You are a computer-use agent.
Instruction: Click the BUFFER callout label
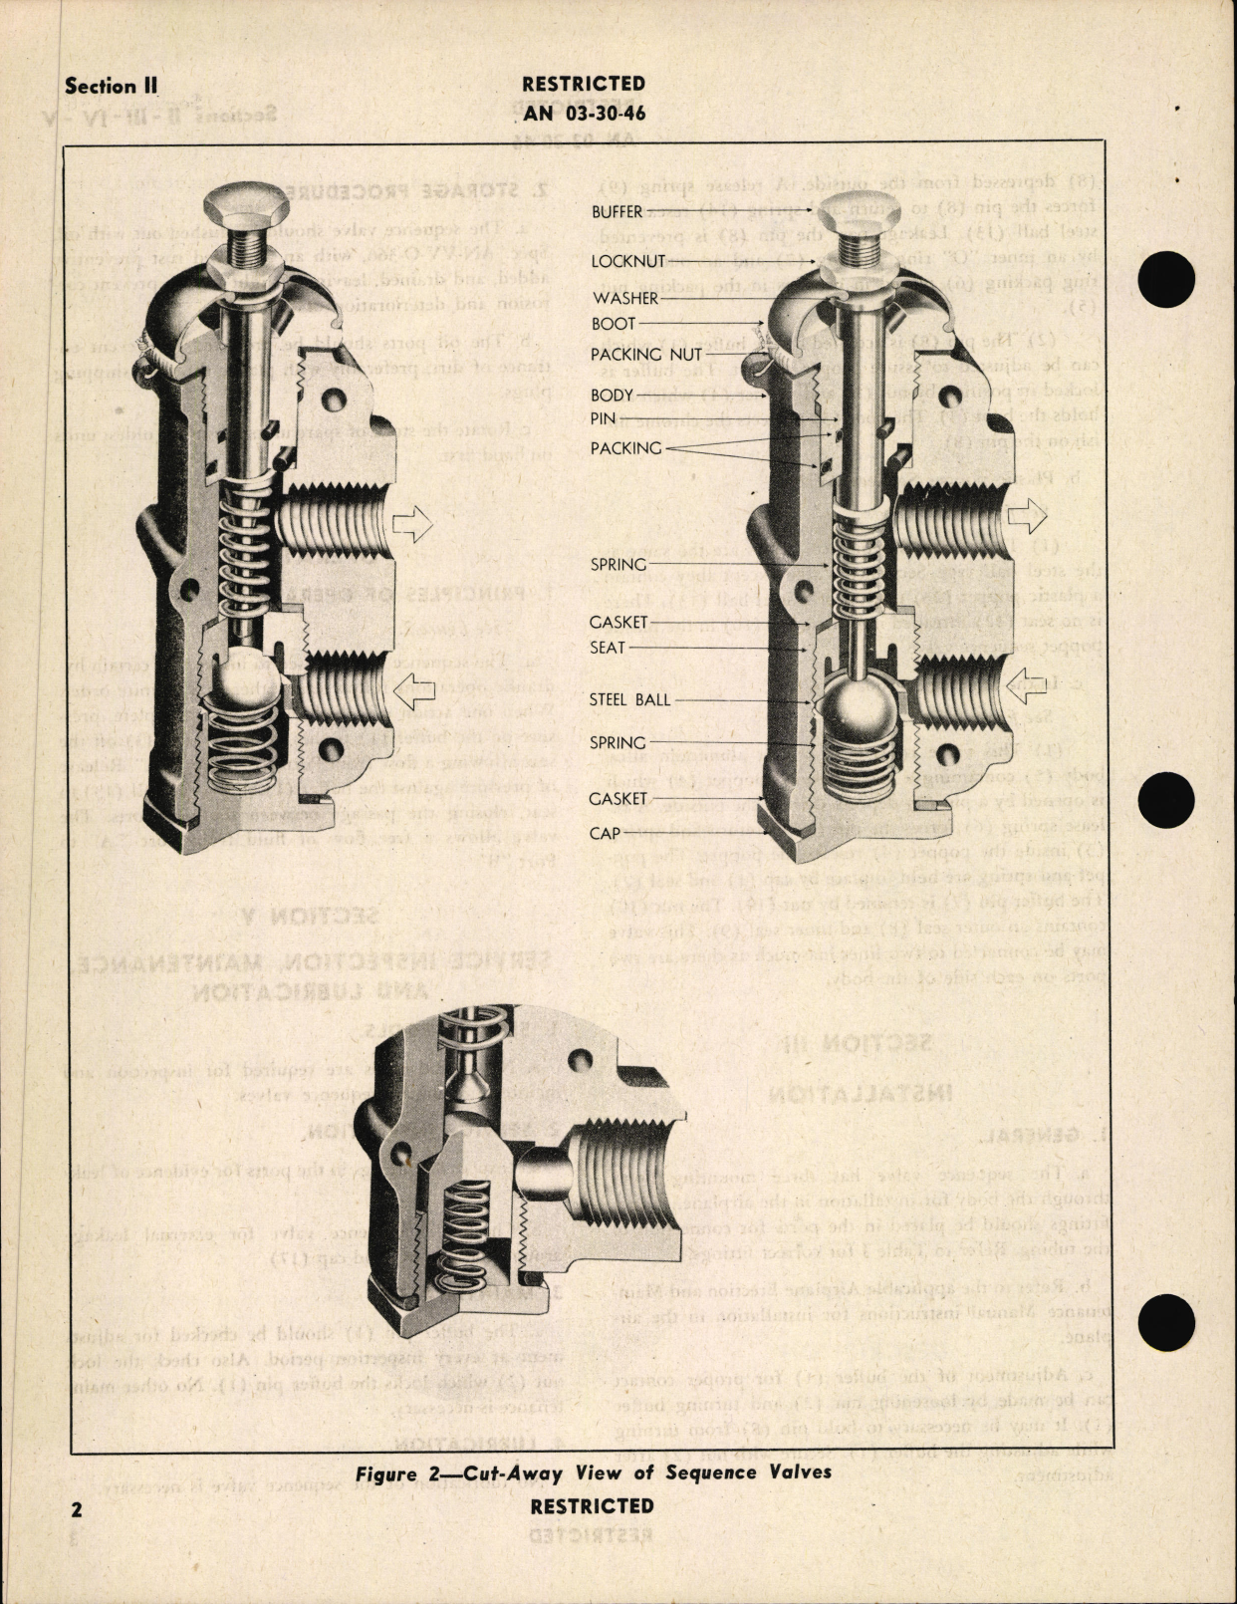[x=617, y=211]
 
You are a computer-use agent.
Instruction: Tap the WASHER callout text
[x=623, y=298]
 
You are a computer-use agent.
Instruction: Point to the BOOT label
[x=613, y=324]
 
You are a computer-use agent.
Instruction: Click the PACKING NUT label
[x=645, y=354]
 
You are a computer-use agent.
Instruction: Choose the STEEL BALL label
[x=629, y=700]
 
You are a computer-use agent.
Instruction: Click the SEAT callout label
[x=608, y=648]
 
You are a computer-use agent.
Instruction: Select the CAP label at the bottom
[x=605, y=832]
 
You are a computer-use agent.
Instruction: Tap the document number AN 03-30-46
[x=584, y=113]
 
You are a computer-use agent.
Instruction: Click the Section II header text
[x=111, y=86]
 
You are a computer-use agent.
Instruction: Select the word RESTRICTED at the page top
[x=584, y=84]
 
